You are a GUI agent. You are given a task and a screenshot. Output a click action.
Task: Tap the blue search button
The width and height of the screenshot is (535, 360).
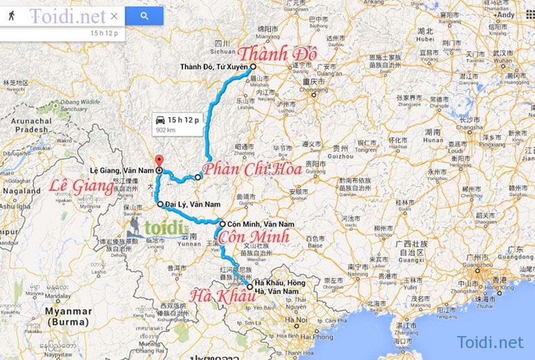144,15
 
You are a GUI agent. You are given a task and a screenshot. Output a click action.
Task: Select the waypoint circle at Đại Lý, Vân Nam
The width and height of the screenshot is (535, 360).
160,203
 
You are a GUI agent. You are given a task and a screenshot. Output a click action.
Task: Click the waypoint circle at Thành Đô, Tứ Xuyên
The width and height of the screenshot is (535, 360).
253,67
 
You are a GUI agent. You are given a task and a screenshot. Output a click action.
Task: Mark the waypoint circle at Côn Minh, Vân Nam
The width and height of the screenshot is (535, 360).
222,223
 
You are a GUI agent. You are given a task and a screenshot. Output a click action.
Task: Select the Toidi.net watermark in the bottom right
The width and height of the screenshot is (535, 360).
490,342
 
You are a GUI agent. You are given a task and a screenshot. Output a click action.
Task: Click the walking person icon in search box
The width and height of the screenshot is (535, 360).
12,15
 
